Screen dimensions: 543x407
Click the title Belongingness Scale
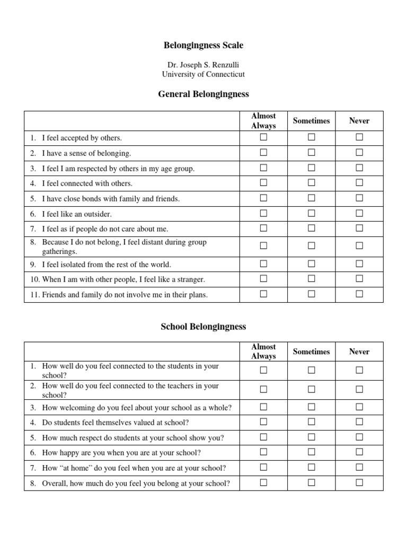coord(203,46)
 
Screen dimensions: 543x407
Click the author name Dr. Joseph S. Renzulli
coord(203,65)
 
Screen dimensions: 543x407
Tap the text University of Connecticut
coord(203,75)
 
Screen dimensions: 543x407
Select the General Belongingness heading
coord(203,94)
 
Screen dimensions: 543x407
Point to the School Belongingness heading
coord(203,327)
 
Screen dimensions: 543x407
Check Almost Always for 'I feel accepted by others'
coord(263,137)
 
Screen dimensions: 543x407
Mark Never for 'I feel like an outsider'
coord(359,213)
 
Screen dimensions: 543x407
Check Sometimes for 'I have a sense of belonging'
coord(312,153)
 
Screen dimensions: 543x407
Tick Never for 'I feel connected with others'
coord(359,183)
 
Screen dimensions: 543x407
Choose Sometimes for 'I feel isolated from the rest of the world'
coord(312,264)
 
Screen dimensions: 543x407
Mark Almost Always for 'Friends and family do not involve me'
coord(263,294)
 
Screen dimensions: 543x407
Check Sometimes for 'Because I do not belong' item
coord(312,246)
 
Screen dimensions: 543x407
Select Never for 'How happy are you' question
coord(359,452)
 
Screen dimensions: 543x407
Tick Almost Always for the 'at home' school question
coord(263,468)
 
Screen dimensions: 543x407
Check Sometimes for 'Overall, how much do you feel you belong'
coord(312,483)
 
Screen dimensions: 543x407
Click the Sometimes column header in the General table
coord(312,121)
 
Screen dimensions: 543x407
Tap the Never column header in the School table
coord(359,352)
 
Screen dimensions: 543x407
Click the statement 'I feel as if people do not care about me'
coord(105,229)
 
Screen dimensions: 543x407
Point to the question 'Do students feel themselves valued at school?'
coord(115,423)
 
